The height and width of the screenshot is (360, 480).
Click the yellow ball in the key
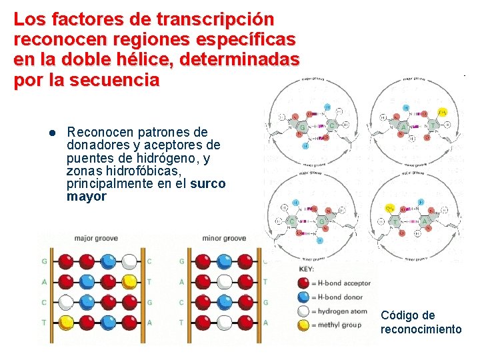point(305,325)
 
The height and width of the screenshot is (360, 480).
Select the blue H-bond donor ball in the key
point(305,297)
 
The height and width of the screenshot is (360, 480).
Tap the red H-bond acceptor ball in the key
point(305,283)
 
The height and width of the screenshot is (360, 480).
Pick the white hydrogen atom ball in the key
point(305,311)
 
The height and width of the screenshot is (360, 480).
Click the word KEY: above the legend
point(306,269)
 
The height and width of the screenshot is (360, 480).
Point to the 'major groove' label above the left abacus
point(92,238)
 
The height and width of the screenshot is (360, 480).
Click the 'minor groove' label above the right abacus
point(224,238)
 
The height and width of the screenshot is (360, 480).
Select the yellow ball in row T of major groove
point(65,323)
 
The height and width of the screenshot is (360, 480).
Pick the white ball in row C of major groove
point(65,302)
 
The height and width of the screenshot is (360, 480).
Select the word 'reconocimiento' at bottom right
point(421,329)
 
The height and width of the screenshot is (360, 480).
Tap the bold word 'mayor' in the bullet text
point(87,197)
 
